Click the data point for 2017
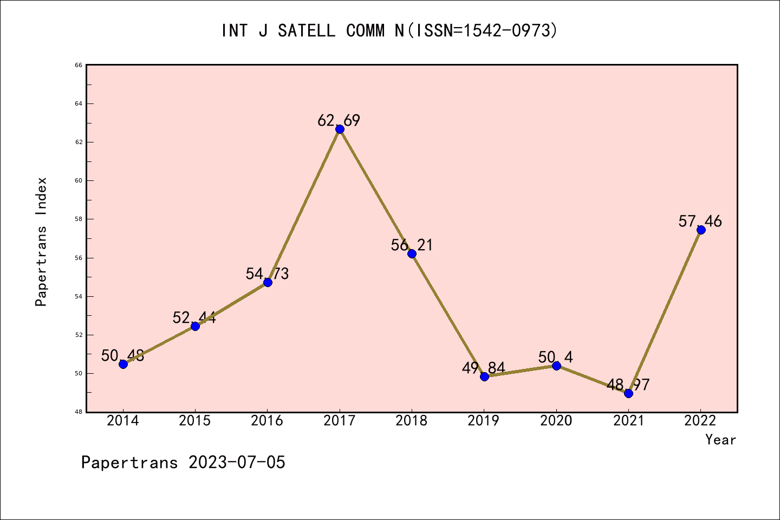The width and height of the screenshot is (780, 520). [x=340, y=129]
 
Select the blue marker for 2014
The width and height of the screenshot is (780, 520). [x=123, y=364]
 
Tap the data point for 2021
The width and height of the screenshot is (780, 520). [x=628, y=393]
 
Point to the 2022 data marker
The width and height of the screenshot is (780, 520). [x=701, y=230]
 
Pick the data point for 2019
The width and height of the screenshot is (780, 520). [x=484, y=376]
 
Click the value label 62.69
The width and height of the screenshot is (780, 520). [x=339, y=121]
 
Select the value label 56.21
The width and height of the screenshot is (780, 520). [x=412, y=245]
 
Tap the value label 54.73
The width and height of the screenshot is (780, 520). [x=267, y=274]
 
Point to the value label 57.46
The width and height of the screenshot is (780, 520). [x=700, y=222]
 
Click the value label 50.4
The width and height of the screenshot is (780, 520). [x=556, y=357]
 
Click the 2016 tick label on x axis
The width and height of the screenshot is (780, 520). [x=267, y=421]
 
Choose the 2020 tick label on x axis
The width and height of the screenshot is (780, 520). [x=556, y=421]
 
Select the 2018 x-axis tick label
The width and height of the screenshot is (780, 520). [x=412, y=421]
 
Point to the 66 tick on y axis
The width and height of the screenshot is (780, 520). [x=79, y=65]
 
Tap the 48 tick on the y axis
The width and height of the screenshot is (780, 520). [x=79, y=412]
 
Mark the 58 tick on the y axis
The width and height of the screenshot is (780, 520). [x=79, y=219]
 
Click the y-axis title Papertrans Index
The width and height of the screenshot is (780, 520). [x=41, y=242]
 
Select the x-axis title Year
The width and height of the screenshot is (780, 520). [x=720, y=440]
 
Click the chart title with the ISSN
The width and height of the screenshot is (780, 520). [x=389, y=31]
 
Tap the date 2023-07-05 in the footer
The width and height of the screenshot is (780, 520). [x=237, y=463]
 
